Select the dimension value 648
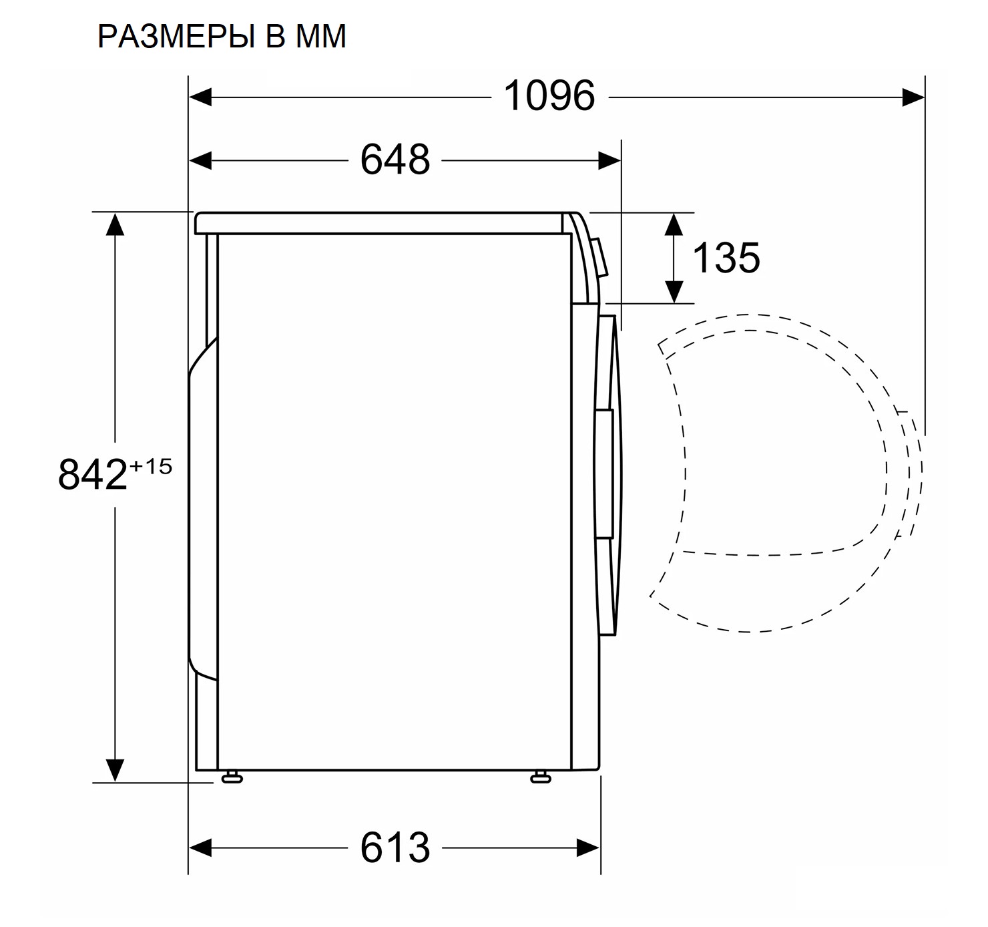click(395, 160)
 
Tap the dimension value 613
click(395, 848)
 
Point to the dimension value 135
click(726, 257)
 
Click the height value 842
click(92, 475)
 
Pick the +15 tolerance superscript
click(151, 466)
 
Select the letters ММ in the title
click(319, 37)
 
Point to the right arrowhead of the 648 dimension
click(610, 161)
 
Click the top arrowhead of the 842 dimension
click(115, 224)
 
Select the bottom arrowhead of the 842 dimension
click(115, 769)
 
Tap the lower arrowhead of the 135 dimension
click(674, 291)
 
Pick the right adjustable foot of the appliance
click(540, 777)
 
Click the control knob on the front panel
click(601, 257)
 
